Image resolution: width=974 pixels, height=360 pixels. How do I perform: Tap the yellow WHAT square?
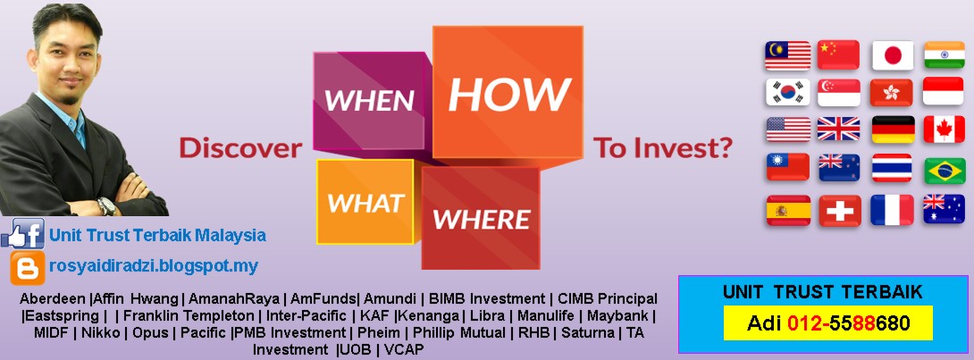[x=365, y=203]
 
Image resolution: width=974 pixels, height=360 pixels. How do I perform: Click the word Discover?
[x=240, y=148]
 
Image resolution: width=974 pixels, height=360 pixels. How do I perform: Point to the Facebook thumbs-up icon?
[x=23, y=235]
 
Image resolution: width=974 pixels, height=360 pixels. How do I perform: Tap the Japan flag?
[x=892, y=55]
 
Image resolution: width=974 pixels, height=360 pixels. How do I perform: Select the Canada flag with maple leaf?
[x=944, y=130]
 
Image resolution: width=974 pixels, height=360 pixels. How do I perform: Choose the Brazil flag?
[x=944, y=169]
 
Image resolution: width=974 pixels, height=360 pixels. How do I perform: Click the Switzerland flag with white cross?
[x=839, y=210]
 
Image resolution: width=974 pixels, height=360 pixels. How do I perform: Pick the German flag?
[x=892, y=130]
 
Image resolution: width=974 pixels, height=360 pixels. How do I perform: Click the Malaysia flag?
[x=786, y=55]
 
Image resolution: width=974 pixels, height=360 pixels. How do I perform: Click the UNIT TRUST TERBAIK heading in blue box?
[x=822, y=292]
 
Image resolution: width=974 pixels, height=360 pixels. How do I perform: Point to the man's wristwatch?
[x=106, y=206]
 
